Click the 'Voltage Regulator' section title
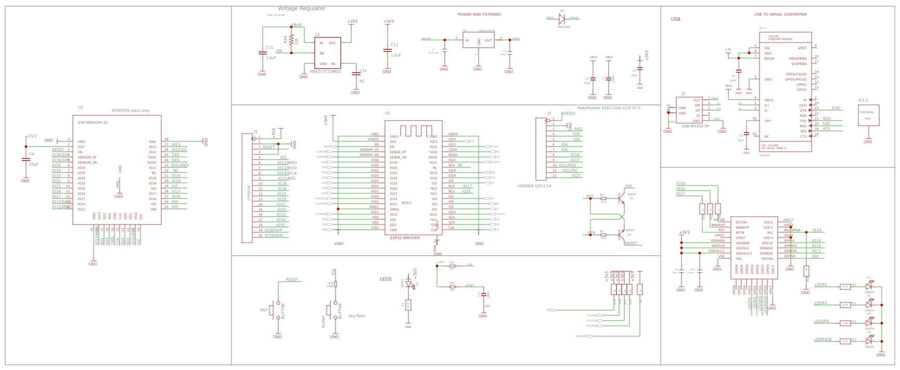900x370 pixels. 301,8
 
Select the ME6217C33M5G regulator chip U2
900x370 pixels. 327,52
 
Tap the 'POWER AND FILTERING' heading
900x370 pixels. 479,15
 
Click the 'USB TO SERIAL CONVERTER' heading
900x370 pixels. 780,15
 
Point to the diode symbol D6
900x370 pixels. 562,19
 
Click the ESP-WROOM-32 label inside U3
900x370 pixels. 93,123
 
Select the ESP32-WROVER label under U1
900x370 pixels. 405,238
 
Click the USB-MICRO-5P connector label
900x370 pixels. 695,126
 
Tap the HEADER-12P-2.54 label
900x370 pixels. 534,186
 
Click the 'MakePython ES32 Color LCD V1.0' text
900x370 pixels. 609,108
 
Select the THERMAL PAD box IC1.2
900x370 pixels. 868,115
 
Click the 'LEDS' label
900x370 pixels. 385,279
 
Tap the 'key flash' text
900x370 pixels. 356,316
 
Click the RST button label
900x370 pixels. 264,310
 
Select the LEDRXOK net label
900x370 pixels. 822,339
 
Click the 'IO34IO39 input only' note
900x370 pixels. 131,111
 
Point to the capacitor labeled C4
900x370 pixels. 25,159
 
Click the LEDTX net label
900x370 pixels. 820,285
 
